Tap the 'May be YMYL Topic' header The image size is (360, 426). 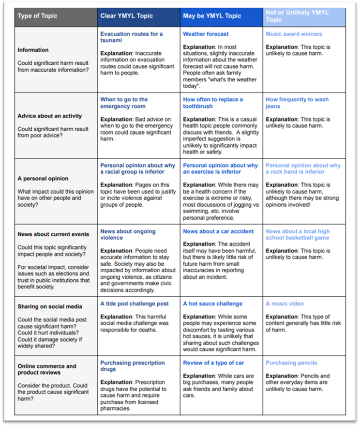(211, 16)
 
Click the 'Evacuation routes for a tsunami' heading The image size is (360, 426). (131, 37)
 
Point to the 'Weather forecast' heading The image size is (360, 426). (206, 34)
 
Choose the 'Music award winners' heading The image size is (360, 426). (294, 34)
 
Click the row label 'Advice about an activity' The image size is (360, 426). (50, 116)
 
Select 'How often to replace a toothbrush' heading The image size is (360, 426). (213, 103)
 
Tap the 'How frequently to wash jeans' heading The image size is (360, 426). (297, 103)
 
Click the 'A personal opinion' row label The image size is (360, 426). (43, 178)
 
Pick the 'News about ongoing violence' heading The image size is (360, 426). (128, 234)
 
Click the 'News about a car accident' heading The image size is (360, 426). (218, 231)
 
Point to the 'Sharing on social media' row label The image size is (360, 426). (50, 306)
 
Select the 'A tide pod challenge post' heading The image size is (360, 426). (135, 304)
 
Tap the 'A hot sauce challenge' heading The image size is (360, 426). (212, 304)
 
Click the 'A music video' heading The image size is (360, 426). (285, 304)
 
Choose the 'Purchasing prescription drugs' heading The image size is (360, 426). (132, 365)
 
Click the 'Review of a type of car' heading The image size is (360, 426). (213, 363)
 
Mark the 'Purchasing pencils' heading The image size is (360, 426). (291, 363)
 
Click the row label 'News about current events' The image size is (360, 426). (53, 234)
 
